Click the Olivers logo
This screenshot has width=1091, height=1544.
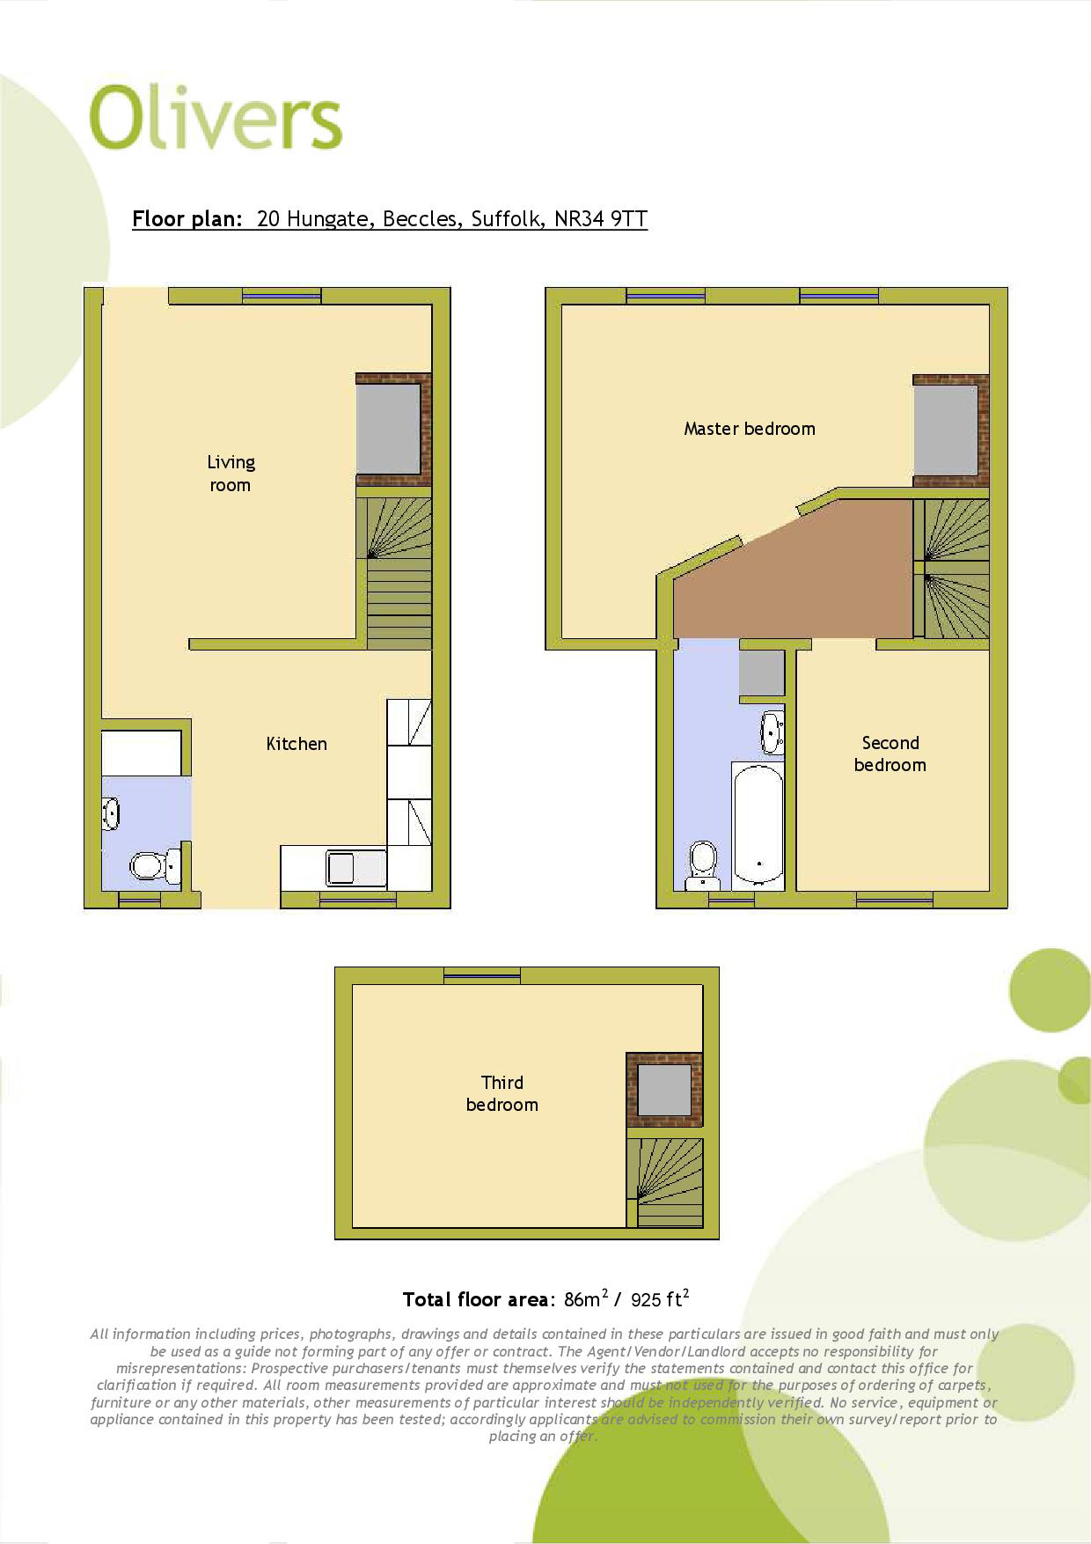coord(216,118)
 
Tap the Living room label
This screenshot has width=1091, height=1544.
coord(231,474)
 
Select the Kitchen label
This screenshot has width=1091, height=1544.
coord(297,744)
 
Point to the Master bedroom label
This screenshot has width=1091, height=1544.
coord(750,429)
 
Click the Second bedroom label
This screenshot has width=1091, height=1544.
coord(890,754)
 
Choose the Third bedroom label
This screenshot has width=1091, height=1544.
coord(502,1093)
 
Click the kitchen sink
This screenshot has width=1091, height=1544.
coord(340,868)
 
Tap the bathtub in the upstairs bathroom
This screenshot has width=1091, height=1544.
coord(758,825)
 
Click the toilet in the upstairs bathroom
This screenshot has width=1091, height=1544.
coord(703,865)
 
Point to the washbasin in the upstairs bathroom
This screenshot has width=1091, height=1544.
coord(772,732)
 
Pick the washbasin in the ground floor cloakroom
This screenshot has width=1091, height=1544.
coord(111,813)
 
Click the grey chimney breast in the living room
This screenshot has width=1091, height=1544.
coord(388,430)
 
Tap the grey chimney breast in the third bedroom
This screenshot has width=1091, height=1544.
coord(664,1090)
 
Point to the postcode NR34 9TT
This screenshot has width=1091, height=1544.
coord(601,218)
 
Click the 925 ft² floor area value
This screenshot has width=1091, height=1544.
coord(660,1298)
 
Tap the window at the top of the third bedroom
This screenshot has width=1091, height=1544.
coord(481,974)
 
